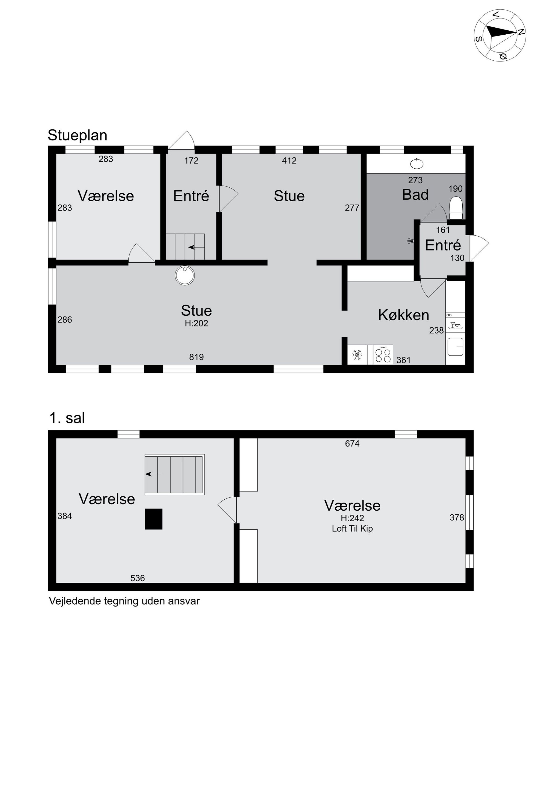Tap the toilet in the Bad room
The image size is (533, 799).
pyautogui.click(x=456, y=208)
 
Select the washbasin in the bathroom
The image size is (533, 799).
pyautogui.click(x=417, y=164)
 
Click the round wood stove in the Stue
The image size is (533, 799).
pyautogui.click(x=185, y=275)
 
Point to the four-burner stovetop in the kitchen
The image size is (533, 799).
pyautogui.click(x=383, y=355)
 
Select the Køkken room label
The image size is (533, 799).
pyautogui.click(x=404, y=315)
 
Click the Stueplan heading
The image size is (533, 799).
pyautogui.click(x=77, y=135)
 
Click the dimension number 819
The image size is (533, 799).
pyautogui.click(x=196, y=357)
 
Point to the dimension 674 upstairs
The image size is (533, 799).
pyautogui.click(x=352, y=443)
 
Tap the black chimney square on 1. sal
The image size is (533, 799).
pyautogui.click(x=154, y=519)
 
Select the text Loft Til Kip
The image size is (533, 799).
pyautogui.click(x=352, y=529)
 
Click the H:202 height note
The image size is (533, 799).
pyautogui.click(x=196, y=323)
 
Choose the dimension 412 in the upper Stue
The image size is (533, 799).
pyautogui.click(x=289, y=160)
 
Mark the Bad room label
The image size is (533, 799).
pyautogui.click(x=415, y=195)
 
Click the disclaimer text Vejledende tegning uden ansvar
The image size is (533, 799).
pyautogui.click(x=124, y=601)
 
